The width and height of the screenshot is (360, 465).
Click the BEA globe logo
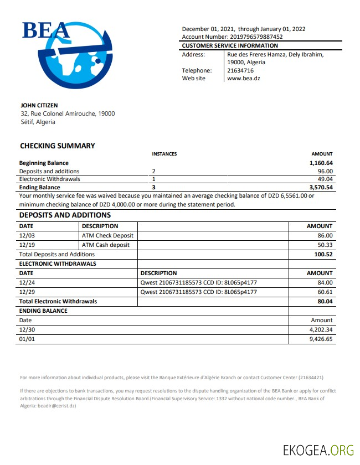69,55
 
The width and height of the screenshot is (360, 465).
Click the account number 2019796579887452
252,37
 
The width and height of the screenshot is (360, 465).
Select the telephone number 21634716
240,70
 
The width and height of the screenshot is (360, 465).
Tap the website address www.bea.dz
244,79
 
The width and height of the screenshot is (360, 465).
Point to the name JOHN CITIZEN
39,105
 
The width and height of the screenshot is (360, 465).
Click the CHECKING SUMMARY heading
58,146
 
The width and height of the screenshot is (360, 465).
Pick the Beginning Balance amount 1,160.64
321,163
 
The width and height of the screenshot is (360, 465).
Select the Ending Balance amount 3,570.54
321,188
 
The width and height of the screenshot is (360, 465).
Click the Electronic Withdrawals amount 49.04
325,179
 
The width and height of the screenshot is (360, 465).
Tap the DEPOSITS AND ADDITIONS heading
65,215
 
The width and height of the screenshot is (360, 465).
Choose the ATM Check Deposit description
107,236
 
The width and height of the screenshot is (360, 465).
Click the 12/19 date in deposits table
27,245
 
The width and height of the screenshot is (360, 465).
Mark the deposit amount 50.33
325,245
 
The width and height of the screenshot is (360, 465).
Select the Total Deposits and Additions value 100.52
323,254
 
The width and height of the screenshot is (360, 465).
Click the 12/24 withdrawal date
27,283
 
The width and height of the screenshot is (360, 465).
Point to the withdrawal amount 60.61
325,292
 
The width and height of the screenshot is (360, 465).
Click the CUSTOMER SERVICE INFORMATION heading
230,45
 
